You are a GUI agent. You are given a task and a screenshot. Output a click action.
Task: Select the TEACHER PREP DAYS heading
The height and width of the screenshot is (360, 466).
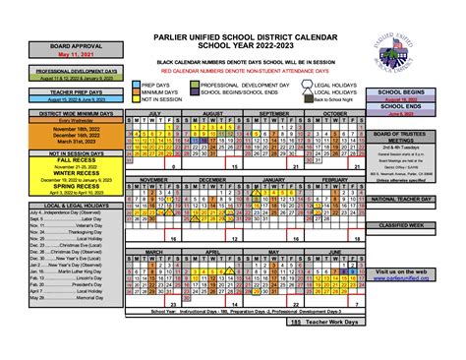44,90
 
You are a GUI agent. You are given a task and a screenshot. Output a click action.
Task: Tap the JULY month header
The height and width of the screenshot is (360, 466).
153,114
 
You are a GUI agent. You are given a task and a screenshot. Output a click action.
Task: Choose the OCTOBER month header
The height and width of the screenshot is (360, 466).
333,114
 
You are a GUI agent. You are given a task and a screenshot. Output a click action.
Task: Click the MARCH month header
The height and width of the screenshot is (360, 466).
153,252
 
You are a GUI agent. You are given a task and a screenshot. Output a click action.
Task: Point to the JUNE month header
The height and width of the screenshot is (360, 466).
333,252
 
